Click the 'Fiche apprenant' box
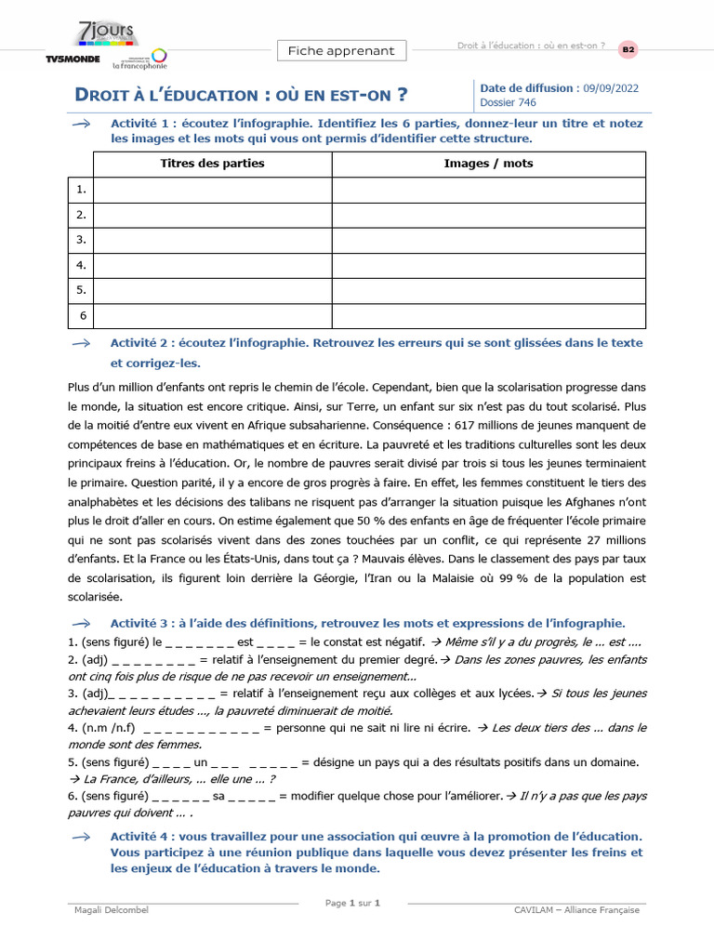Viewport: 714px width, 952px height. pyautogui.click(x=340, y=51)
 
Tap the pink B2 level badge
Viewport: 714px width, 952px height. pyautogui.click(x=629, y=48)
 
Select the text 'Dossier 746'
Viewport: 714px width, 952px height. pyautogui.click(x=508, y=102)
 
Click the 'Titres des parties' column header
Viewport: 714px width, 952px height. pyautogui.click(x=212, y=164)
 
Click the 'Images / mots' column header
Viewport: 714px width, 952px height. pyautogui.click(x=488, y=164)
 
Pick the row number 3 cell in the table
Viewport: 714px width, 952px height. pyautogui.click(x=82, y=240)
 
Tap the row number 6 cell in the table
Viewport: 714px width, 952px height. pyautogui.click(x=82, y=316)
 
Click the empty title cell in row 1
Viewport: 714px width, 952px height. pyautogui.click(x=212, y=190)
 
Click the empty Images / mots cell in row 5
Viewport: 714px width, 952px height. pyautogui.click(x=488, y=291)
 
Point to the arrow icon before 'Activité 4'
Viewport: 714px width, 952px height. pyautogui.click(x=81, y=812)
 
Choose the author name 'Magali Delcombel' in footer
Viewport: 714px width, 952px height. pyautogui.click(x=111, y=910)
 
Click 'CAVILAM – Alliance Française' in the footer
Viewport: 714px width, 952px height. pyautogui.click(x=576, y=910)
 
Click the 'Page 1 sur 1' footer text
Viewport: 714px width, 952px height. pyautogui.click(x=353, y=903)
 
